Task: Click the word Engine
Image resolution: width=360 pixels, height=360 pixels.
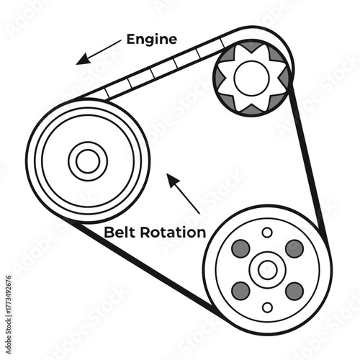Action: (x=151, y=39)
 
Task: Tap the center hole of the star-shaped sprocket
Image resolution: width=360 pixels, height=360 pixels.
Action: (x=251, y=78)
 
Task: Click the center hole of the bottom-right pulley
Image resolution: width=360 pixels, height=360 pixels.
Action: (x=267, y=270)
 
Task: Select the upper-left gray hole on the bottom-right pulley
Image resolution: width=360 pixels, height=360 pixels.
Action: (x=240, y=248)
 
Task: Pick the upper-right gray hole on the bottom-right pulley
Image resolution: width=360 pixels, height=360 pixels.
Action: (x=294, y=248)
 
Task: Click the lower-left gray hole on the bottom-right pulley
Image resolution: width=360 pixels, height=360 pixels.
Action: (x=240, y=291)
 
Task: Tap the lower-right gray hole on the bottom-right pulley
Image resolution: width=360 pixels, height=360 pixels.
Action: (x=294, y=291)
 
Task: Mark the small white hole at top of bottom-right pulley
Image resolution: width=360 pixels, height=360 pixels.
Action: (x=267, y=232)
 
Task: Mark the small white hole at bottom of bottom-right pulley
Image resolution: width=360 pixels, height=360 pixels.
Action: (x=267, y=307)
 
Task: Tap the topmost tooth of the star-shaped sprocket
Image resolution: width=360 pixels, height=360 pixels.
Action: (x=251, y=48)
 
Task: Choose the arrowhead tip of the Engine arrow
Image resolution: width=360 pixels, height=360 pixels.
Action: (x=77, y=63)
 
